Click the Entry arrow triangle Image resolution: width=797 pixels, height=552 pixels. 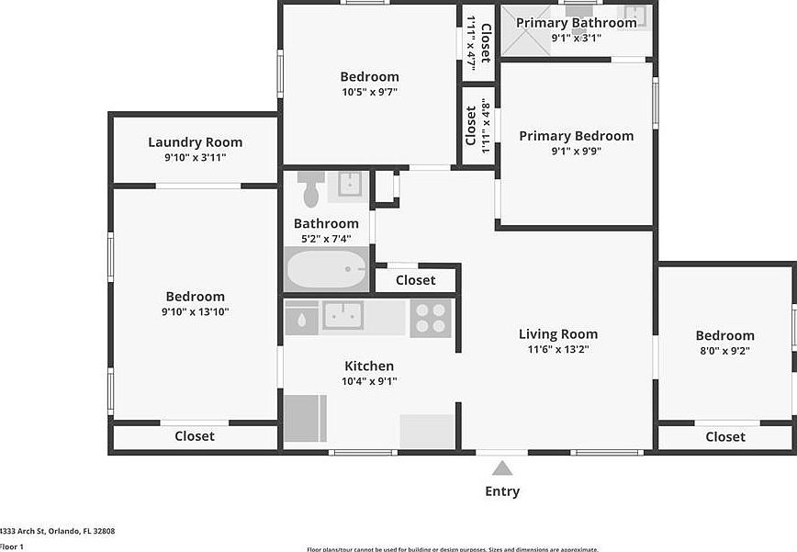click(502, 468)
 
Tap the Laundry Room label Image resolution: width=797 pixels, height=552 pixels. click(196, 142)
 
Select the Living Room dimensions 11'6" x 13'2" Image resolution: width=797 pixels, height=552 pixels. click(557, 350)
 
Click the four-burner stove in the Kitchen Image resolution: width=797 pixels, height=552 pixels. click(431, 318)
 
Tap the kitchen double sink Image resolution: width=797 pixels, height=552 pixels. click(342, 315)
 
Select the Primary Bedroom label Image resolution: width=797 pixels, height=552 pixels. click(576, 136)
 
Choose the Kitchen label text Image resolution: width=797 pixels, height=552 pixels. click(369, 366)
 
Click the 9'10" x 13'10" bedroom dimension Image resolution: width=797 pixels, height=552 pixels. click(196, 312)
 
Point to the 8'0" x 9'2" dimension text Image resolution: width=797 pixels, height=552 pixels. click(724, 351)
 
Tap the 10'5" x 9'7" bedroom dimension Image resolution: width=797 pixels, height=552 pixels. click(369, 92)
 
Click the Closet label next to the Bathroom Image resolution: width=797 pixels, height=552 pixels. click(416, 280)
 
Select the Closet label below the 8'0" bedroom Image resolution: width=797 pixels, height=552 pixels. click(725, 437)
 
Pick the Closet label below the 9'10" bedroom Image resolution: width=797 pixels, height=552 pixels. click(195, 436)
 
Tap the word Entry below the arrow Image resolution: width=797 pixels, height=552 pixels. click(502, 491)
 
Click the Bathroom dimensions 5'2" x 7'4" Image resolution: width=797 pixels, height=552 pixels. click(326, 239)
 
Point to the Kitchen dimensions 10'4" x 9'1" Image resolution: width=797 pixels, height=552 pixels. click(369, 381)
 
